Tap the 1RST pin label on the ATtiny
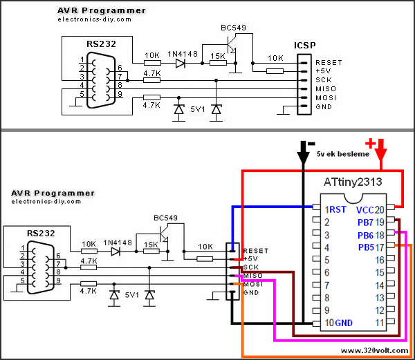335,209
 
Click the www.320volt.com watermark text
373,351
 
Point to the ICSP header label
304,46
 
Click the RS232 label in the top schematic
101,44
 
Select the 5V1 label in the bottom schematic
132,295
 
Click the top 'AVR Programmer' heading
101,10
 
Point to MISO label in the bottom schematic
252,276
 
